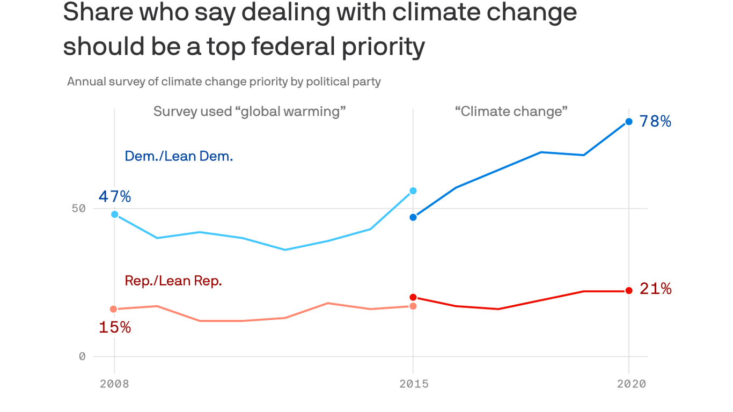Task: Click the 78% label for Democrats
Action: click(x=655, y=122)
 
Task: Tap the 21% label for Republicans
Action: click(x=655, y=289)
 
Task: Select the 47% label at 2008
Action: click(x=114, y=197)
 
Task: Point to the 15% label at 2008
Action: click(x=114, y=327)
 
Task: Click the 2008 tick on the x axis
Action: click(x=114, y=384)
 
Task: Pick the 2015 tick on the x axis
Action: click(x=413, y=384)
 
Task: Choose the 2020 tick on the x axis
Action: click(x=631, y=384)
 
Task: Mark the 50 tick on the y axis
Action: click(x=79, y=208)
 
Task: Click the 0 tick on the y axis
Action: click(x=82, y=356)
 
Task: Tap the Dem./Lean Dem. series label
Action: click(x=179, y=156)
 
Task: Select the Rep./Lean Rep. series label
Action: click(x=173, y=281)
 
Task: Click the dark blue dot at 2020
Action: click(x=629, y=122)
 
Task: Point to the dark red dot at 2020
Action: click(x=629, y=291)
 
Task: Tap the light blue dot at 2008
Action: click(x=114, y=214)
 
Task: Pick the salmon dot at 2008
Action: click(x=113, y=309)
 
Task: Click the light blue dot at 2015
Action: click(x=413, y=190)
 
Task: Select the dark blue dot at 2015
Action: click(x=413, y=217)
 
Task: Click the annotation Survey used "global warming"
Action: click(x=250, y=112)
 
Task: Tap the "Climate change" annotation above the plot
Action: click(x=511, y=112)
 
